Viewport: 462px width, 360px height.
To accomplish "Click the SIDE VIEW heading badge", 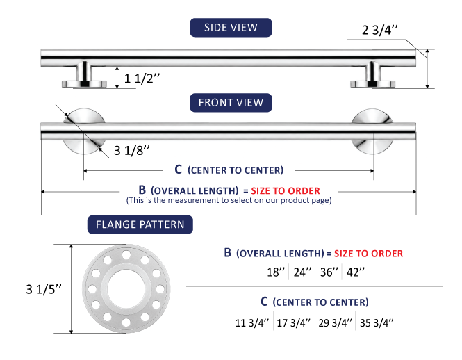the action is [x=231, y=28].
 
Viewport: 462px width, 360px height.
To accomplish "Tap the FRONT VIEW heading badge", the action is [x=231, y=103].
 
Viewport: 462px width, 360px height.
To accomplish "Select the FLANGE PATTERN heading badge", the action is [x=140, y=224].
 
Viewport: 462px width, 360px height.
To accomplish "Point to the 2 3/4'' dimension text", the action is [x=380, y=30].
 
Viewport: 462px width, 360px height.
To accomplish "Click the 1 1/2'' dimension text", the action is [x=142, y=79].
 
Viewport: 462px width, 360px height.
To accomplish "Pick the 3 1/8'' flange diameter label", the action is [x=132, y=151].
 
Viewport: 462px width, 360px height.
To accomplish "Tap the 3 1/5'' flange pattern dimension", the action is [x=44, y=290].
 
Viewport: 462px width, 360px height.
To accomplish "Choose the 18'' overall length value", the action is [x=276, y=272].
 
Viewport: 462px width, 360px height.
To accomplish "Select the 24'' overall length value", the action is [x=303, y=272].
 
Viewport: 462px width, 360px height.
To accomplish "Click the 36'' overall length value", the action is [x=329, y=272].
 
